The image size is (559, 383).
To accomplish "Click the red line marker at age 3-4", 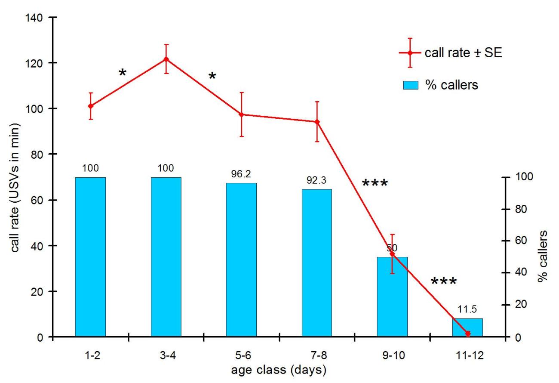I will coord(166,59).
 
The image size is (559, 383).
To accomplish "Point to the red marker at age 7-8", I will coord(317,122).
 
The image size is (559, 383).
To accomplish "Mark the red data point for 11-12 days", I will coord(468,334).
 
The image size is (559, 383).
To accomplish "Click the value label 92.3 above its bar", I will coord(317,181).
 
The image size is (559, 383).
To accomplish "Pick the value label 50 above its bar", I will coord(392,248).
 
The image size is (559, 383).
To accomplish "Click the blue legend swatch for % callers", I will coord(411,85).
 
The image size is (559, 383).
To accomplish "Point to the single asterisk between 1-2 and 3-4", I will coord(123,72).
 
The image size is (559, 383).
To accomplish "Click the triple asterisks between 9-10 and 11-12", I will coord(444,282).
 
